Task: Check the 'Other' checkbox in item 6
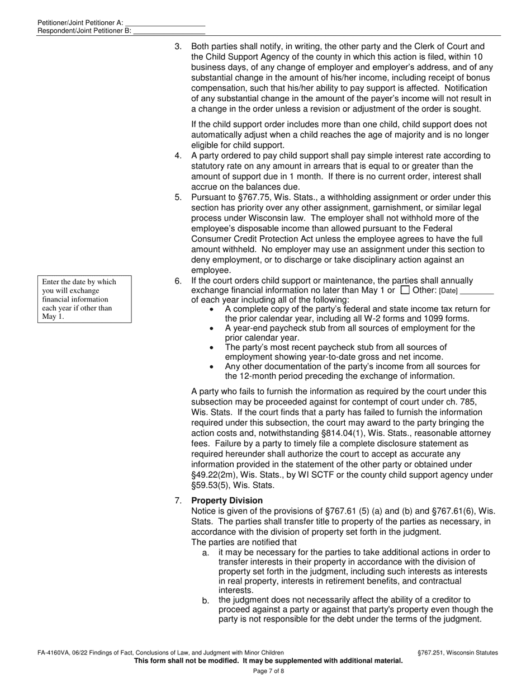point(406,290)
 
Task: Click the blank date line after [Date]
point(477,291)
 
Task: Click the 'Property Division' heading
point(227,501)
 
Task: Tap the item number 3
point(178,47)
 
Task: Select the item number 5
point(178,197)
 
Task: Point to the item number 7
point(178,501)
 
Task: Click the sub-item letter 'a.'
point(206,553)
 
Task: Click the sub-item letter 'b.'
point(206,601)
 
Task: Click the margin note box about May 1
point(84,299)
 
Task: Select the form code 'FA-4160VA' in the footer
point(53,653)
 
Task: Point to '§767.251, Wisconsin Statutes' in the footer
point(457,653)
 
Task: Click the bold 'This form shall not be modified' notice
point(268,661)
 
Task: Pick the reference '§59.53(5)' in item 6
point(212,486)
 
